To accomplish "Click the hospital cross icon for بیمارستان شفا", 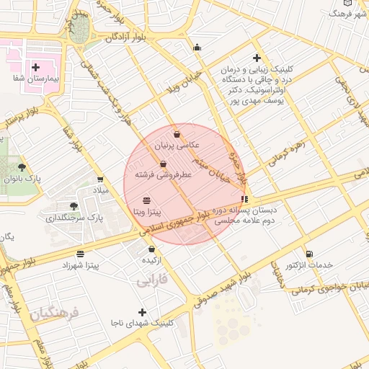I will pyautogui.click(x=35, y=66).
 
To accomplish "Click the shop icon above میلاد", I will pyautogui.click(x=99, y=179).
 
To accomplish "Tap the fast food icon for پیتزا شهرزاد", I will pyautogui.click(x=79, y=254).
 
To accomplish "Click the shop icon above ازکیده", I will pyautogui.click(x=151, y=249).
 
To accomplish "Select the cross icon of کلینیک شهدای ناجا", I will pyautogui.click(x=141, y=312).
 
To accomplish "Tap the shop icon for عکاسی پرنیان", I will pyautogui.click(x=177, y=134).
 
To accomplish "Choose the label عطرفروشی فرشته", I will pyautogui.click(x=166, y=174).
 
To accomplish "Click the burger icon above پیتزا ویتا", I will pyautogui.click(x=147, y=200).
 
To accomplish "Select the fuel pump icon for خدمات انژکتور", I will pyautogui.click(x=309, y=254).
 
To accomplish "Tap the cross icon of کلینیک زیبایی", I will pyautogui.click(x=257, y=58).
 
